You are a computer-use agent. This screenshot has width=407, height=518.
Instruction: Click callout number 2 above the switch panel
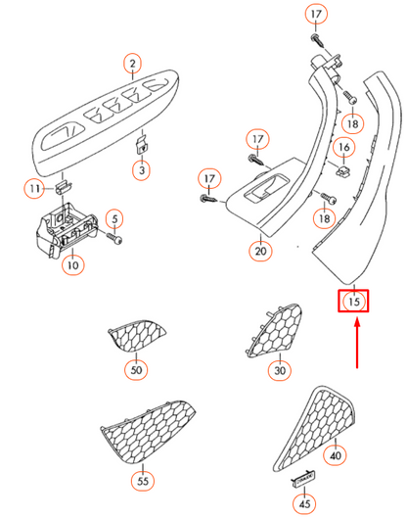tap(132, 64)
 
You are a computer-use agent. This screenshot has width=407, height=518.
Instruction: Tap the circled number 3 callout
tap(142, 170)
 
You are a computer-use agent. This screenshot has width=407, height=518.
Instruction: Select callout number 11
tap(34, 189)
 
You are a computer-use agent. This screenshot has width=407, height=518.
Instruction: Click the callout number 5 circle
tap(114, 219)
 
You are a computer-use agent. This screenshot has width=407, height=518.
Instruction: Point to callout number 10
tap(73, 265)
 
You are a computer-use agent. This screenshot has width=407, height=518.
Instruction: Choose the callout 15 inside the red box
tap(353, 302)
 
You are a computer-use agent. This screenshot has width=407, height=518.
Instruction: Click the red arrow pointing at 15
tap(357, 343)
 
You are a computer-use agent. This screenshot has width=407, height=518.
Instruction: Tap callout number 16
tap(344, 147)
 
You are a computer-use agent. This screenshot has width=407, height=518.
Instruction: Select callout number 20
tap(260, 251)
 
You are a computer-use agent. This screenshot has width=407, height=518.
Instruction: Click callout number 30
tap(280, 370)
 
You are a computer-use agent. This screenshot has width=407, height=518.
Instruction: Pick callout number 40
tap(335, 455)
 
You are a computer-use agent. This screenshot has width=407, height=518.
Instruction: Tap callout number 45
tap(304, 503)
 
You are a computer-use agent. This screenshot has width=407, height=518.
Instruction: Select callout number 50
tap(136, 370)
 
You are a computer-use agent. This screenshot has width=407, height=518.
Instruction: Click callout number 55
tap(143, 481)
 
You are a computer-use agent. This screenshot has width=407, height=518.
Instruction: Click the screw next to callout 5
tap(113, 238)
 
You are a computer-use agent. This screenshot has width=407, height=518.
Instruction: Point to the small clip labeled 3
tap(142, 144)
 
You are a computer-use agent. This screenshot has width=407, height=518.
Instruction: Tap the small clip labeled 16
tap(342, 170)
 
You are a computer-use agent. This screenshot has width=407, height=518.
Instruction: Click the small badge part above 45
tap(303, 478)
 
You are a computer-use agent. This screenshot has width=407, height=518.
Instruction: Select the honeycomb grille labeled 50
tap(136, 335)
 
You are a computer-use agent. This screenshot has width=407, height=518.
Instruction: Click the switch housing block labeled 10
tap(66, 229)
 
